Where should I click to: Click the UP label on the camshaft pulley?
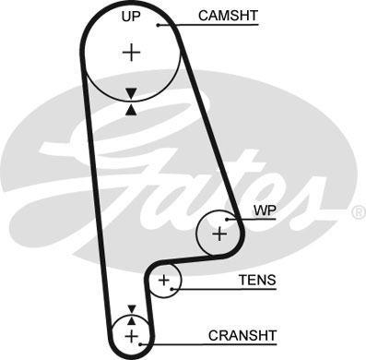(133, 17)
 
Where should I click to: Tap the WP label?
(264, 210)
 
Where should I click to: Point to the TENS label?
(257, 280)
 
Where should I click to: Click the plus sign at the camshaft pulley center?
(132, 53)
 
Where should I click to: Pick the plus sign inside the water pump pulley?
(219, 234)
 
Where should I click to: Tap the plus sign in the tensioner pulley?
(164, 280)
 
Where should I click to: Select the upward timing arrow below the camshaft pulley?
(131, 109)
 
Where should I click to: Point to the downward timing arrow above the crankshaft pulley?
(131, 309)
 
